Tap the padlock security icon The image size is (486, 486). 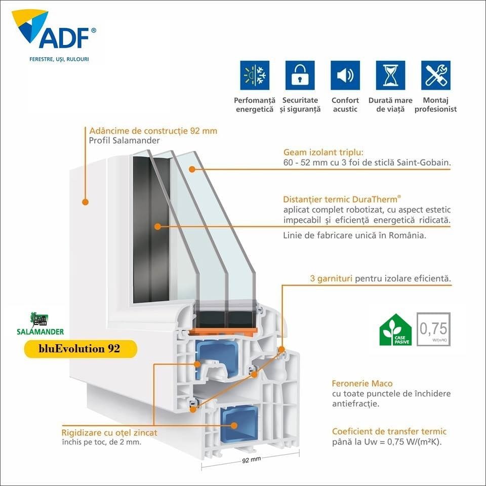(x=300, y=75)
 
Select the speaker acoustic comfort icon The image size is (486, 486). (x=345, y=75)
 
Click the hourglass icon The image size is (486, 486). (x=390, y=75)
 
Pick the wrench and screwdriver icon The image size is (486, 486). (x=435, y=75)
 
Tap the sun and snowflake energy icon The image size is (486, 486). (x=255, y=75)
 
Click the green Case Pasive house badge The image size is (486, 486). (x=395, y=330)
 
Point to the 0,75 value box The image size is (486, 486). (x=433, y=329)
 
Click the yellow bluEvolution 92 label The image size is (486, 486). (x=80, y=349)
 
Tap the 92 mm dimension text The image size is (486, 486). (x=251, y=460)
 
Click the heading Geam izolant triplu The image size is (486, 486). (x=323, y=152)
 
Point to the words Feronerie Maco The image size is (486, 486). (x=362, y=383)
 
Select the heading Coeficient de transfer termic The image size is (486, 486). (x=389, y=431)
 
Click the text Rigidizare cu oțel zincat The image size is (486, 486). (x=109, y=432)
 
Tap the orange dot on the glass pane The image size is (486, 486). (x=192, y=169)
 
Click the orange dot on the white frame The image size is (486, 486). (x=85, y=202)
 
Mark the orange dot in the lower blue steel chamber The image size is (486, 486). (x=234, y=425)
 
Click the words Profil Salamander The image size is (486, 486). (x=125, y=140)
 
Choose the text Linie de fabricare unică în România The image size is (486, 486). (x=354, y=235)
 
